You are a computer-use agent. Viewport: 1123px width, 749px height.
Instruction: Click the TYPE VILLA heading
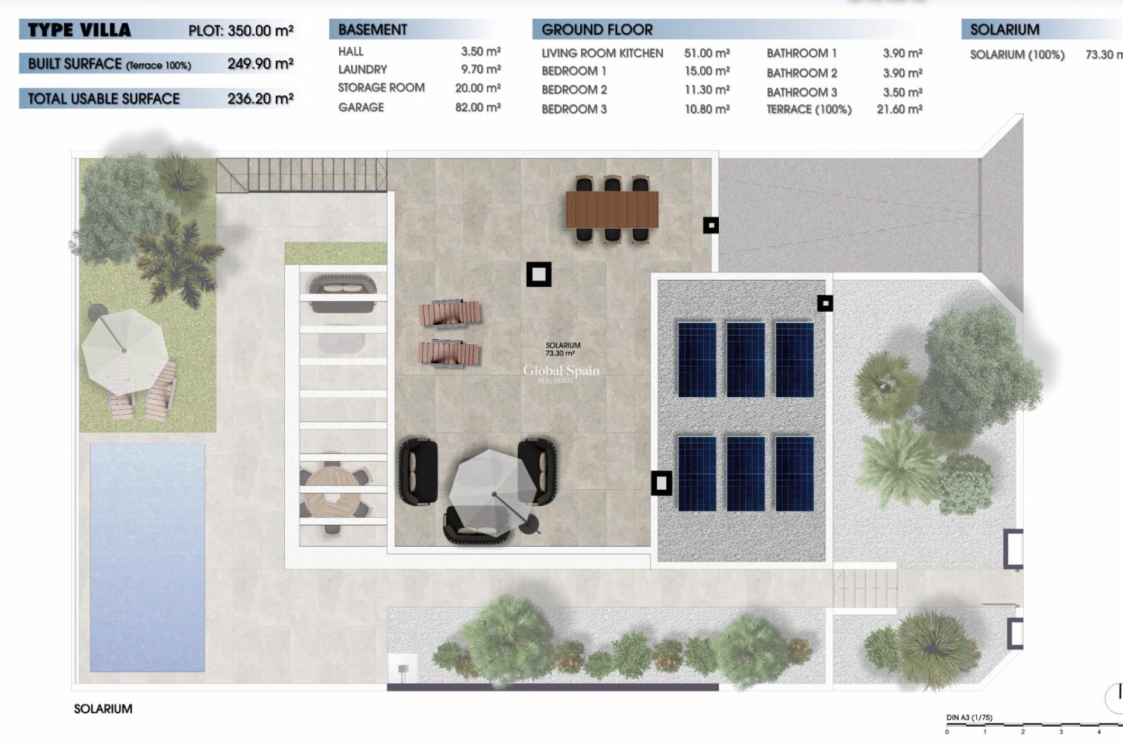pyautogui.click(x=79, y=30)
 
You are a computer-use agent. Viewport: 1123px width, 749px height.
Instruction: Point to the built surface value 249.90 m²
pyautogui.click(x=260, y=63)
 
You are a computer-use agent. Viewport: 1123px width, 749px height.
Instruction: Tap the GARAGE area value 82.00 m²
pyautogui.click(x=477, y=107)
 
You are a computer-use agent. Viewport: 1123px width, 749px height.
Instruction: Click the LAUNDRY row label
pyautogui.click(x=362, y=69)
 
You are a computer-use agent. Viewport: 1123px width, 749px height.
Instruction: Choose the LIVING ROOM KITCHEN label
pyautogui.click(x=602, y=53)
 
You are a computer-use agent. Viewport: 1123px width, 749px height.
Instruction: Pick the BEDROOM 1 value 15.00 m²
pyautogui.click(x=707, y=71)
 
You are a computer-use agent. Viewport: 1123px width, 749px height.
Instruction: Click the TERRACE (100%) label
pyautogui.click(x=808, y=109)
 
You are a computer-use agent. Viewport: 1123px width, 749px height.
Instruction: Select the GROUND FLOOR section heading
pyautogui.click(x=597, y=29)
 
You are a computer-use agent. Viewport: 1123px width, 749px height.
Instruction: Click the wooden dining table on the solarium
pyautogui.click(x=612, y=209)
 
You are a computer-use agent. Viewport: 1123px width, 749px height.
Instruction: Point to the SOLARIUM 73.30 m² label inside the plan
pyautogui.click(x=563, y=349)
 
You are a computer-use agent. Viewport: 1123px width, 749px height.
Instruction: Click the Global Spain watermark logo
pyautogui.click(x=561, y=372)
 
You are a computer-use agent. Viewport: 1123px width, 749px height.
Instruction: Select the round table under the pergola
pyautogui.click(x=332, y=493)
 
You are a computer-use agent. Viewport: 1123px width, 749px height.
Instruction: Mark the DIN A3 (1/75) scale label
pyautogui.click(x=969, y=717)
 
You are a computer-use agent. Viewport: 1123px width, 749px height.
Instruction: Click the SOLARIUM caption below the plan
pyautogui.click(x=103, y=709)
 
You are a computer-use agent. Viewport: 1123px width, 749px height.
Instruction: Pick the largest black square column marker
pyautogui.click(x=539, y=274)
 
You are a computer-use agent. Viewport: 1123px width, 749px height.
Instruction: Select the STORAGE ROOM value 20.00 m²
pyautogui.click(x=477, y=88)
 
